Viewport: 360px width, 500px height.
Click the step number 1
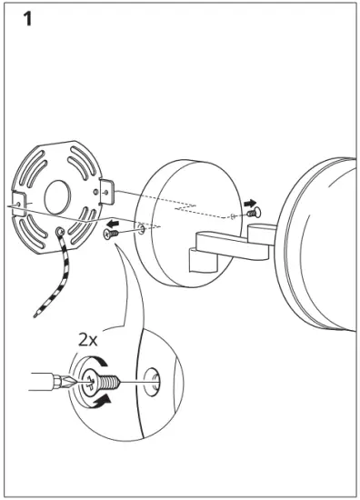[x=28, y=21]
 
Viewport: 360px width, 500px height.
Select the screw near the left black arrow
[x=110, y=235]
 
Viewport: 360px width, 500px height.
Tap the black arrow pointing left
[x=114, y=223]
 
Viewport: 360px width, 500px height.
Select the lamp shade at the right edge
[x=323, y=236]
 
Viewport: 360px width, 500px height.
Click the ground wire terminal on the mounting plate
[x=61, y=234]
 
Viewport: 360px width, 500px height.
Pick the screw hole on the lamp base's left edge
[x=144, y=229]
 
